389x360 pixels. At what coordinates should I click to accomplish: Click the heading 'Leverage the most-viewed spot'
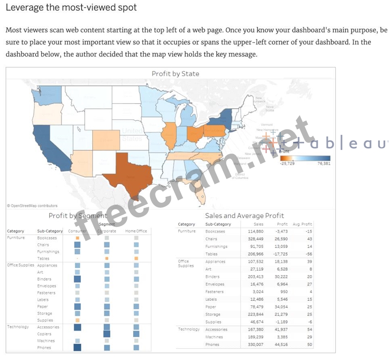pyautogui.click(x=71, y=8)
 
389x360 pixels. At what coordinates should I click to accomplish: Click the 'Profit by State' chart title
pyautogui.click(x=175, y=73)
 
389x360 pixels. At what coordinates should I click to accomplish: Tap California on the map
pyautogui.click(x=44, y=146)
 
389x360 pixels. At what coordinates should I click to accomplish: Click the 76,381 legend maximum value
pyautogui.click(x=323, y=163)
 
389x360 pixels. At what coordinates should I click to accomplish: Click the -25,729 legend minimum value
pyautogui.click(x=287, y=163)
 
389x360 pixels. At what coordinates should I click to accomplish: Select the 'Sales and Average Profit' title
pyautogui.click(x=244, y=216)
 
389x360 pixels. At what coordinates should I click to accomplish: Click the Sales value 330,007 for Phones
pyautogui.click(x=255, y=345)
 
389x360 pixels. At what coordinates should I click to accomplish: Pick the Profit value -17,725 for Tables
pyautogui.click(x=280, y=254)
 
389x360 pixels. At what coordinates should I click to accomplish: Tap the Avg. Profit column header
pyautogui.click(x=303, y=224)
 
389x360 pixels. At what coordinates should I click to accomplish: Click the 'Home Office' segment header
pyautogui.click(x=136, y=231)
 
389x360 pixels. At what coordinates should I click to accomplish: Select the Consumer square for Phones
pyautogui.click(x=77, y=348)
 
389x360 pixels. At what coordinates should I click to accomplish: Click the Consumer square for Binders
pyautogui.click(x=77, y=279)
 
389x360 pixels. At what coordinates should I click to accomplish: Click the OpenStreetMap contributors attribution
pyautogui.click(x=32, y=206)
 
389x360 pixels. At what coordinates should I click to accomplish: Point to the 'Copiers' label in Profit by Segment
pyautogui.click(x=45, y=334)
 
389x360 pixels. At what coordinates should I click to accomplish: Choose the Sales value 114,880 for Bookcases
pyautogui.click(x=255, y=231)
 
